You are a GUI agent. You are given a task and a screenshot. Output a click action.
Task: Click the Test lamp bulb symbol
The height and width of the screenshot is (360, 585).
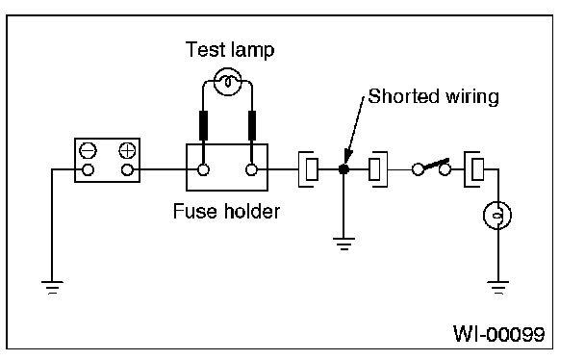pyautogui.click(x=228, y=82)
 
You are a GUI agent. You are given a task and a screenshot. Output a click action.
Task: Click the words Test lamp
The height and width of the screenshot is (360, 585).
pyautogui.click(x=230, y=50)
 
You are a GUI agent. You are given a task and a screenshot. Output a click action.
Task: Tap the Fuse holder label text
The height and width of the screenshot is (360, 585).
pyautogui.click(x=226, y=211)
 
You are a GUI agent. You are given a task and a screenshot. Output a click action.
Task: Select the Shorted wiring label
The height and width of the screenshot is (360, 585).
pyautogui.click(x=433, y=96)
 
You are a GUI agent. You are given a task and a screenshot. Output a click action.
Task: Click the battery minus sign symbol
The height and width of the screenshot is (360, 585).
pyautogui.click(x=89, y=151)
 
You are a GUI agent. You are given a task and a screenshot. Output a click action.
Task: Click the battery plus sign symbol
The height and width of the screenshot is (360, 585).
pyautogui.click(x=127, y=151)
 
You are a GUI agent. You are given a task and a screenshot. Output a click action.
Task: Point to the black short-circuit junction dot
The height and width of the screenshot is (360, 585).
pyautogui.click(x=343, y=169)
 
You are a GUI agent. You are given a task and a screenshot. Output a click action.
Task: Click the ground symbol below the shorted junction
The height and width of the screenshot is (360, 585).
pyautogui.click(x=343, y=244)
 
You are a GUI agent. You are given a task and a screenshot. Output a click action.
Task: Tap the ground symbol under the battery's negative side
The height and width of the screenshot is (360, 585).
pyautogui.click(x=52, y=288)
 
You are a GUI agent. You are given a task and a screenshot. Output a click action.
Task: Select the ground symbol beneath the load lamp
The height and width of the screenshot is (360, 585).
pyautogui.click(x=498, y=288)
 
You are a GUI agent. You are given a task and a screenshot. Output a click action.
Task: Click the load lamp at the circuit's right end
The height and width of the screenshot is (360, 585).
pyautogui.click(x=497, y=216)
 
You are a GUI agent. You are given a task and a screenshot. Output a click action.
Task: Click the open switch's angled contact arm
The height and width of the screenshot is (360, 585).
pyautogui.click(x=435, y=164)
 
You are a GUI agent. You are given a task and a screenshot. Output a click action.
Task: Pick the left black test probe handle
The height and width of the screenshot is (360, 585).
pyautogui.click(x=203, y=125)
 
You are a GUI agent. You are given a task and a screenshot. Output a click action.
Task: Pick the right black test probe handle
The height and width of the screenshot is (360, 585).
pyautogui.click(x=252, y=125)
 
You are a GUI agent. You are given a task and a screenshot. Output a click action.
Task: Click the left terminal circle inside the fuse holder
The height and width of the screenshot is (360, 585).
pyautogui.click(x=203, y=169)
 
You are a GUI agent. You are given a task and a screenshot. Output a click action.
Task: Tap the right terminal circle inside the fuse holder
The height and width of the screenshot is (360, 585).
pyautogui.click(x=252, y=169)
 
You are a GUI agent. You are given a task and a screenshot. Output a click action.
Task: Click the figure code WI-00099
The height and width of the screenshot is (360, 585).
pyautogui.click(x=498, y=333)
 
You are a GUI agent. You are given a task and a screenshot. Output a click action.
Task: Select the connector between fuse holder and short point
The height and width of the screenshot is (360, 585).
pyautogui.click(x=308, y=169)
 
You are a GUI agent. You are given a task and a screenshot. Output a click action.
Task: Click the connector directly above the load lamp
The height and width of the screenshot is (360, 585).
pyautogui.click(x=473, y=169)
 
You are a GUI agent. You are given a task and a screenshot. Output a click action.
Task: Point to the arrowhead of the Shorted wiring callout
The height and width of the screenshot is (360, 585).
pyautogui.click(x=347, y=156)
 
